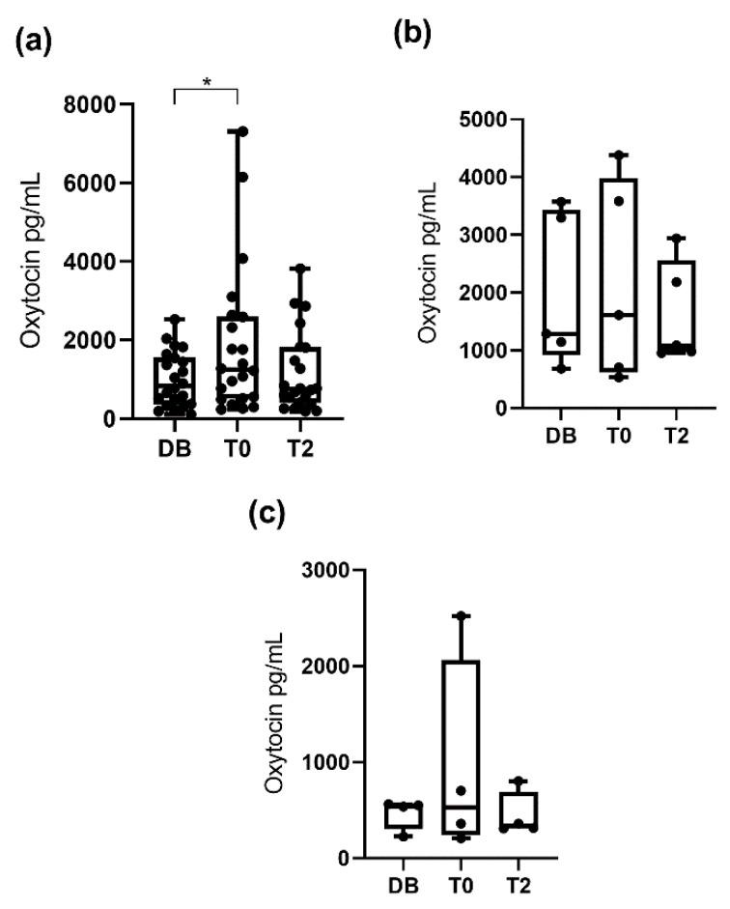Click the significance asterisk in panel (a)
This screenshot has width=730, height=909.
point(206,84)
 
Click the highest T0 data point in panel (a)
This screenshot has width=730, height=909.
point(243,131)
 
